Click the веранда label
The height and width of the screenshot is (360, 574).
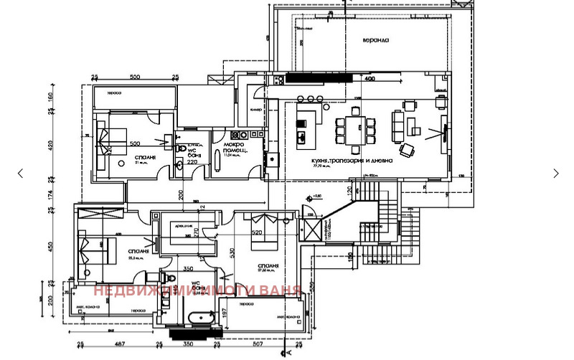[x=375, y=40]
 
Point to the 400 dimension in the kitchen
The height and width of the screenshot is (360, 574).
[x=370, y=78]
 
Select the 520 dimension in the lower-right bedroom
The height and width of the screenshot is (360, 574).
[x=255, y=231]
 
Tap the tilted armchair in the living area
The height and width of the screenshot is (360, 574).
[x=407, y=149]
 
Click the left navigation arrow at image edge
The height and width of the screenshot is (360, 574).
[x=20, y=173]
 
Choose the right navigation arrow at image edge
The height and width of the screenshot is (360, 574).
[x=556, y=173]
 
